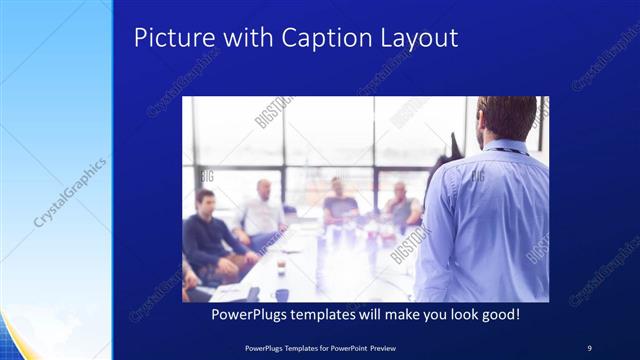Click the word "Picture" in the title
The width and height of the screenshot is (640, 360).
tap(167, 38)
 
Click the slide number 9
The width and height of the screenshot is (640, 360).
tap(590, 347)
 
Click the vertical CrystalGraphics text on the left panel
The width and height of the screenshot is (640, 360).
tap(70, 190)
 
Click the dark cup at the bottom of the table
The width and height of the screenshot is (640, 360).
tap(282, 294)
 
